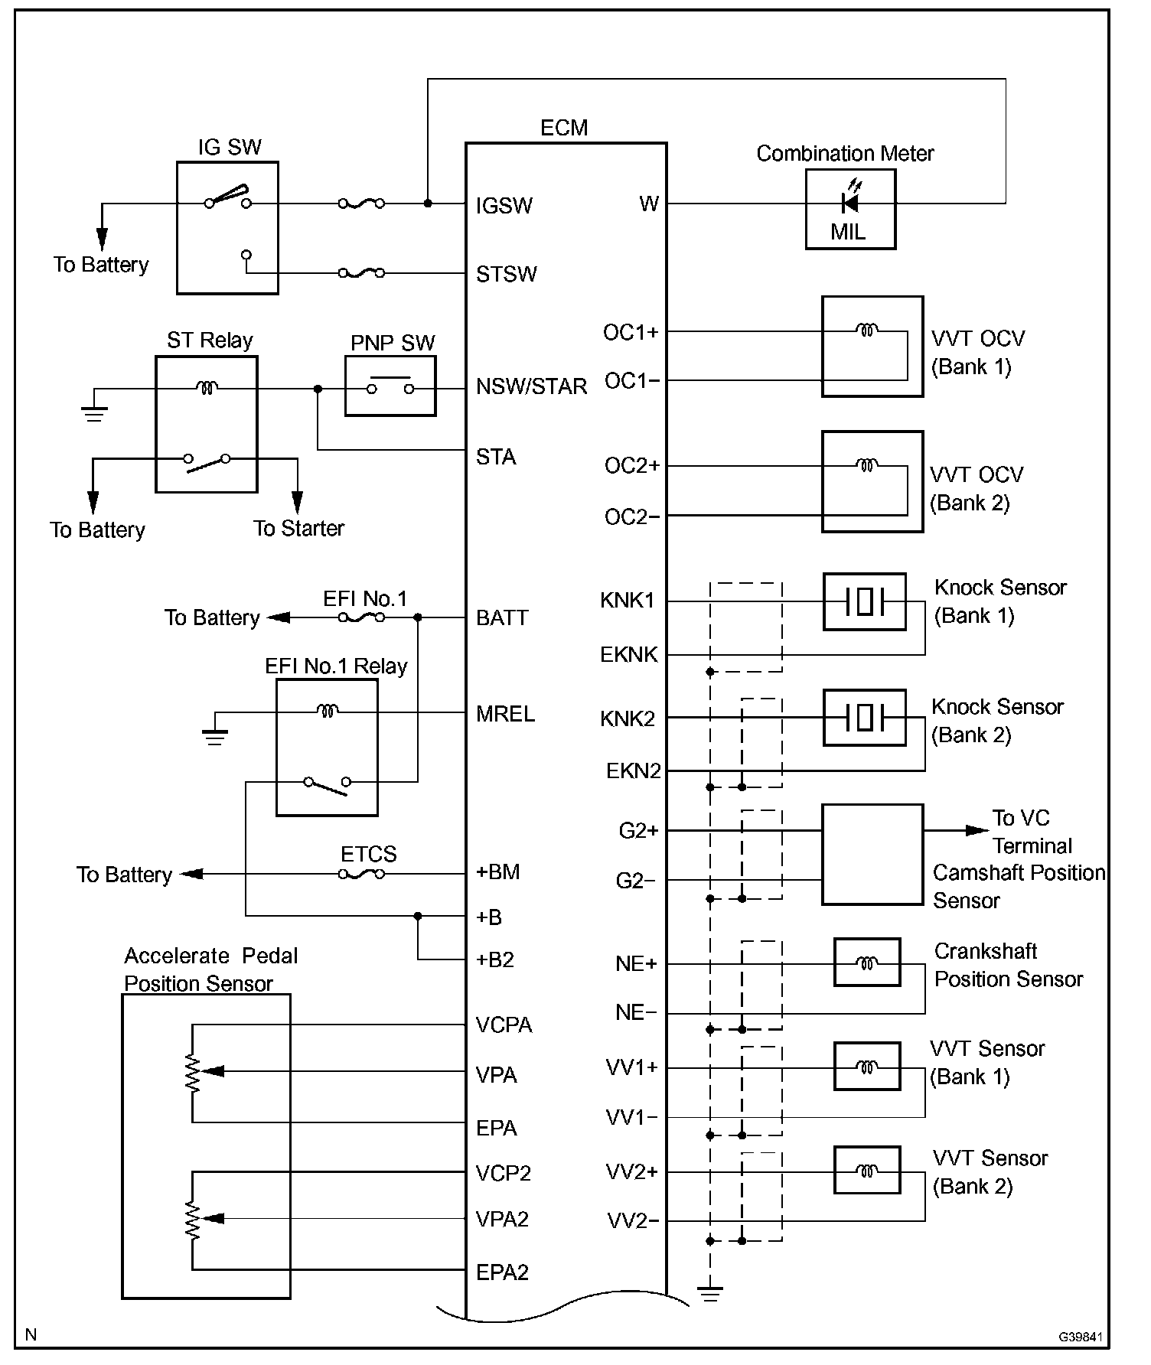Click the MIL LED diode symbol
tap(849, 203)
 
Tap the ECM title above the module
tap(564, 128)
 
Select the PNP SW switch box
tap(390, 386)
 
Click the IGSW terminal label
tap(504, 205)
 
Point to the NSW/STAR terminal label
tap(531, 386)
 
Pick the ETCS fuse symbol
tap(361, 873)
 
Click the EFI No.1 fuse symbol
tap(361, 617)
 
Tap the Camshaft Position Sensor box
tap(872, 854)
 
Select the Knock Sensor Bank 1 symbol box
tap(864, 601)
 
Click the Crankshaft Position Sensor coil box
tap(866, 963)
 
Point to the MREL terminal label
tap(505, 714)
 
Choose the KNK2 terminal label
tap(628, 718)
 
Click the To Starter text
tap(298, 528)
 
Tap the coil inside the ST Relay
tap(207, 388)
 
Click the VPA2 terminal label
tap(502, 1219)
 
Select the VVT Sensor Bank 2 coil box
tap(866, 1171)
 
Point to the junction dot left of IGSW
tap(428, 204)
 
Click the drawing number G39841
tap(1081, 1337)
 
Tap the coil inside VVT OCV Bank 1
tap(866, 331)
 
